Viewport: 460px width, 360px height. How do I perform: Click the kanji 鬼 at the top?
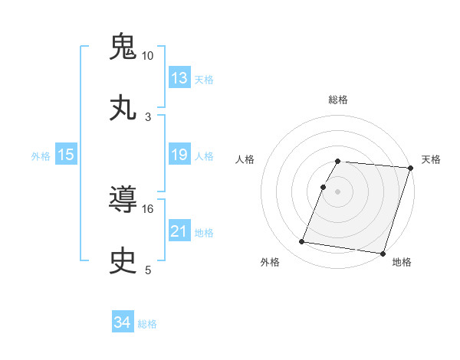click(124, 47)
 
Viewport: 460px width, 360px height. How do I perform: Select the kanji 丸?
click(124, 108)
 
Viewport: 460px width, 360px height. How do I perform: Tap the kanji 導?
click(124, 200)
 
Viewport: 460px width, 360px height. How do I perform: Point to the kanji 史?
click(124, 261)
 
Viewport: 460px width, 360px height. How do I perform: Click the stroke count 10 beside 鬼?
click(148, 56)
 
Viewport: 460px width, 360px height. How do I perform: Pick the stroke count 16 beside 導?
click(148, 208)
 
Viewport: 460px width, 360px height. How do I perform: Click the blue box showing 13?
click(179, 78)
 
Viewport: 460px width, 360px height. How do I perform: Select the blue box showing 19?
click(179, 155)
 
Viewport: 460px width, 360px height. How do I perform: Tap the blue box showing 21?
click(179, 231)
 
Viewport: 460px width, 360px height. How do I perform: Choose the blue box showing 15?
click(66, 155)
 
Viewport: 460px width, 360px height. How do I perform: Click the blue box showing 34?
click(122, 323)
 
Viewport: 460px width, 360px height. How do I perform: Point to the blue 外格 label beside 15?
click(41, 156)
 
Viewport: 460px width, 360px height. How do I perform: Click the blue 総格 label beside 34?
click(147, 324)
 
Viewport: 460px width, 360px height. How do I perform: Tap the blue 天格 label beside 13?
click(204, 80)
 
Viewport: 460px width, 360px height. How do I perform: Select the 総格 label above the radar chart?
click(338, 100)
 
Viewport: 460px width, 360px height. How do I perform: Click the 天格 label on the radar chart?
click(431, 159)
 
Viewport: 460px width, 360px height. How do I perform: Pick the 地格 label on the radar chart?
click(402, 263)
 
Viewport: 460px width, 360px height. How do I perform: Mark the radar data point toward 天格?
click(411, 168)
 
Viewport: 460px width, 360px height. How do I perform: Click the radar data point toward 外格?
click(302, 242)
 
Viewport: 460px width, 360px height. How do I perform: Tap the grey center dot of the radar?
click(338, 191)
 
